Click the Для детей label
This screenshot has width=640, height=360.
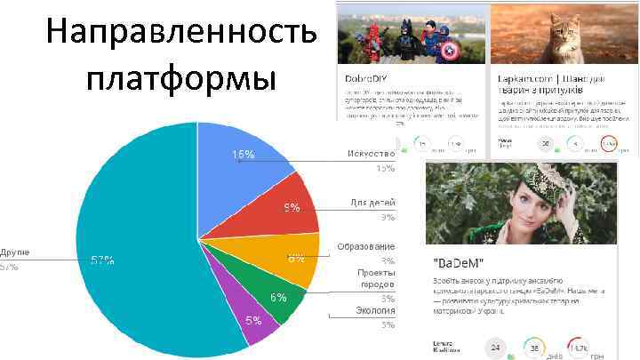[x=372, y=203]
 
